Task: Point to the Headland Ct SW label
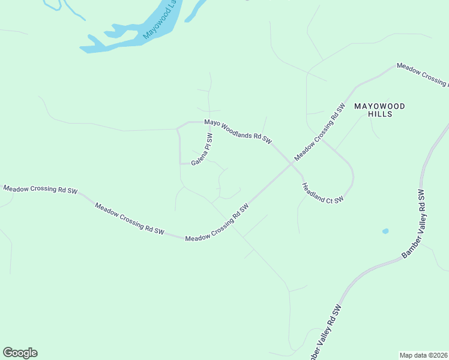323,193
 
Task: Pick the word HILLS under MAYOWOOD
380,114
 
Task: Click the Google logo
20,353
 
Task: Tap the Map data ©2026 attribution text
423,355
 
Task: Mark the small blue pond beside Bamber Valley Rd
385,231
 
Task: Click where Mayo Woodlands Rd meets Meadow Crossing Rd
288,161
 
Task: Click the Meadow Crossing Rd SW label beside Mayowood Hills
319,133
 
